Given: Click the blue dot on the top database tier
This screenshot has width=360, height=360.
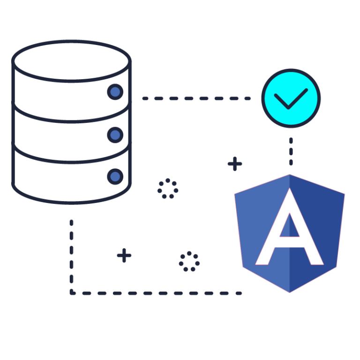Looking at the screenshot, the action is (115, 92).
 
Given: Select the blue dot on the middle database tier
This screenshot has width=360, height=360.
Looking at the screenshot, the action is (115, 135).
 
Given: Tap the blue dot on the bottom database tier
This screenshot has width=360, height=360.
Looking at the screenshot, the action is (115, 177).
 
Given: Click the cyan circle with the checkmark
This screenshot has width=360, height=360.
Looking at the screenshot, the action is (291, 98).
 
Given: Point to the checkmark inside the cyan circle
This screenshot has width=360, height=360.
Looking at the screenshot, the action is (291, 99).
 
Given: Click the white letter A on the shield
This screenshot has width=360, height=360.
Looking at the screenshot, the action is (290, 226).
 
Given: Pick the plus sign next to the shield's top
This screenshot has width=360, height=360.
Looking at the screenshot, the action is (235, 164).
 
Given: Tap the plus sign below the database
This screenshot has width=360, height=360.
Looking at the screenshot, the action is (124, 255).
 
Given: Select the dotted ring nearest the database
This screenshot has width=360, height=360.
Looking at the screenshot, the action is (168, 188).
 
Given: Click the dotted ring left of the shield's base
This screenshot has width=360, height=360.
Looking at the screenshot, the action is (189, 262).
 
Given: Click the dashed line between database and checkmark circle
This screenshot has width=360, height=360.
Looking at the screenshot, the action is (196, 98).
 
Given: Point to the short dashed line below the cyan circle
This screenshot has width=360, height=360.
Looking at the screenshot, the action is (291, 151).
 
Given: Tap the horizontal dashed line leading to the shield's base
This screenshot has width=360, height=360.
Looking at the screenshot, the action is (156, 293).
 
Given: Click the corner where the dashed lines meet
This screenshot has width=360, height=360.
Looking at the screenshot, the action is (72, 293).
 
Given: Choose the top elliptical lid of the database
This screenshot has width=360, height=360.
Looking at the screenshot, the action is (71, 61).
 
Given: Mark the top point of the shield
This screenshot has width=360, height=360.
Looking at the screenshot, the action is (290, 174).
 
